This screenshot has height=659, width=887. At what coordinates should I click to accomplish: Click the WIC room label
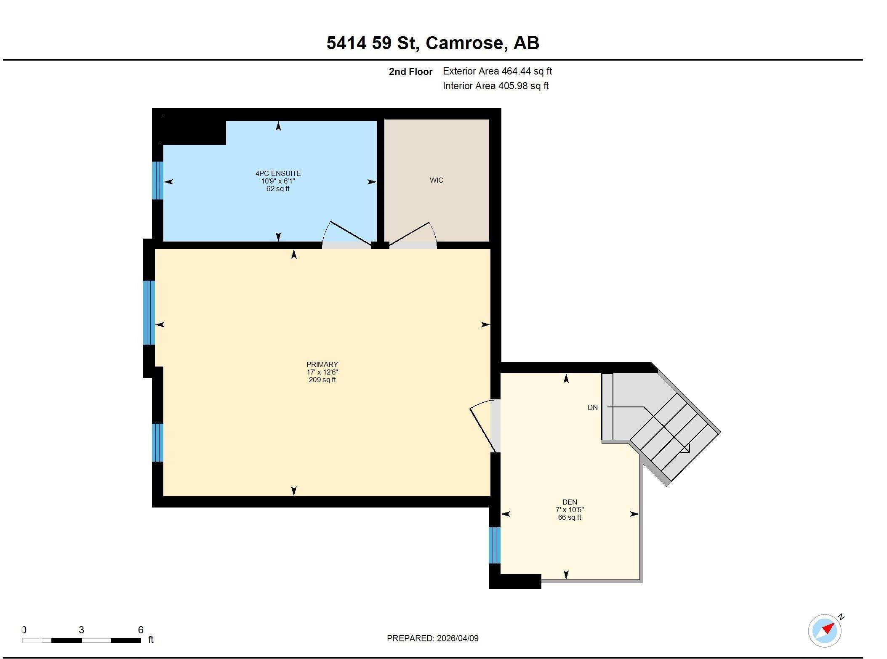[436, 180]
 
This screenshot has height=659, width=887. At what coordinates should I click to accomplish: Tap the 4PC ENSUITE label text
[278, 173]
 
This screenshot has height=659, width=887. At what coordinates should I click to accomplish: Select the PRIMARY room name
[322, 364]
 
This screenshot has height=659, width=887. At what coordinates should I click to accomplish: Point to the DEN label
[570, 502]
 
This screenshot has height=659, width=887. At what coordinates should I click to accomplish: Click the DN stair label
[592, 407]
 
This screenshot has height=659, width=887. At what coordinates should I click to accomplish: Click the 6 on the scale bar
[141, 630]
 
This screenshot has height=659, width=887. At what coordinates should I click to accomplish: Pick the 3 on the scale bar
[81, 630]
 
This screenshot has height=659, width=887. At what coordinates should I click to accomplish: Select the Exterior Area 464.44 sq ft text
[497, 71]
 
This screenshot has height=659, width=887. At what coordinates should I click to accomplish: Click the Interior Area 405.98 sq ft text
[495, 86]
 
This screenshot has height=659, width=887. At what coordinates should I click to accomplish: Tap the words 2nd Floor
[410, 72]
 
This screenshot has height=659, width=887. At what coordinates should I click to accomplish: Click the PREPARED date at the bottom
[432, 638]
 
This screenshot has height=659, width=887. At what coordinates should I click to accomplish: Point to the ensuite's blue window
[157, 180]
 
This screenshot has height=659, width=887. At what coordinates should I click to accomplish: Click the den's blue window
[495, 545]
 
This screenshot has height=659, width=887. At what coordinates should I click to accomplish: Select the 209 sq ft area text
[322, 380]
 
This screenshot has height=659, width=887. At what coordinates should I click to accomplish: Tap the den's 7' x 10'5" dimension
[570, 510]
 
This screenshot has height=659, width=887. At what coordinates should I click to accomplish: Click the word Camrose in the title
[465, 43]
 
